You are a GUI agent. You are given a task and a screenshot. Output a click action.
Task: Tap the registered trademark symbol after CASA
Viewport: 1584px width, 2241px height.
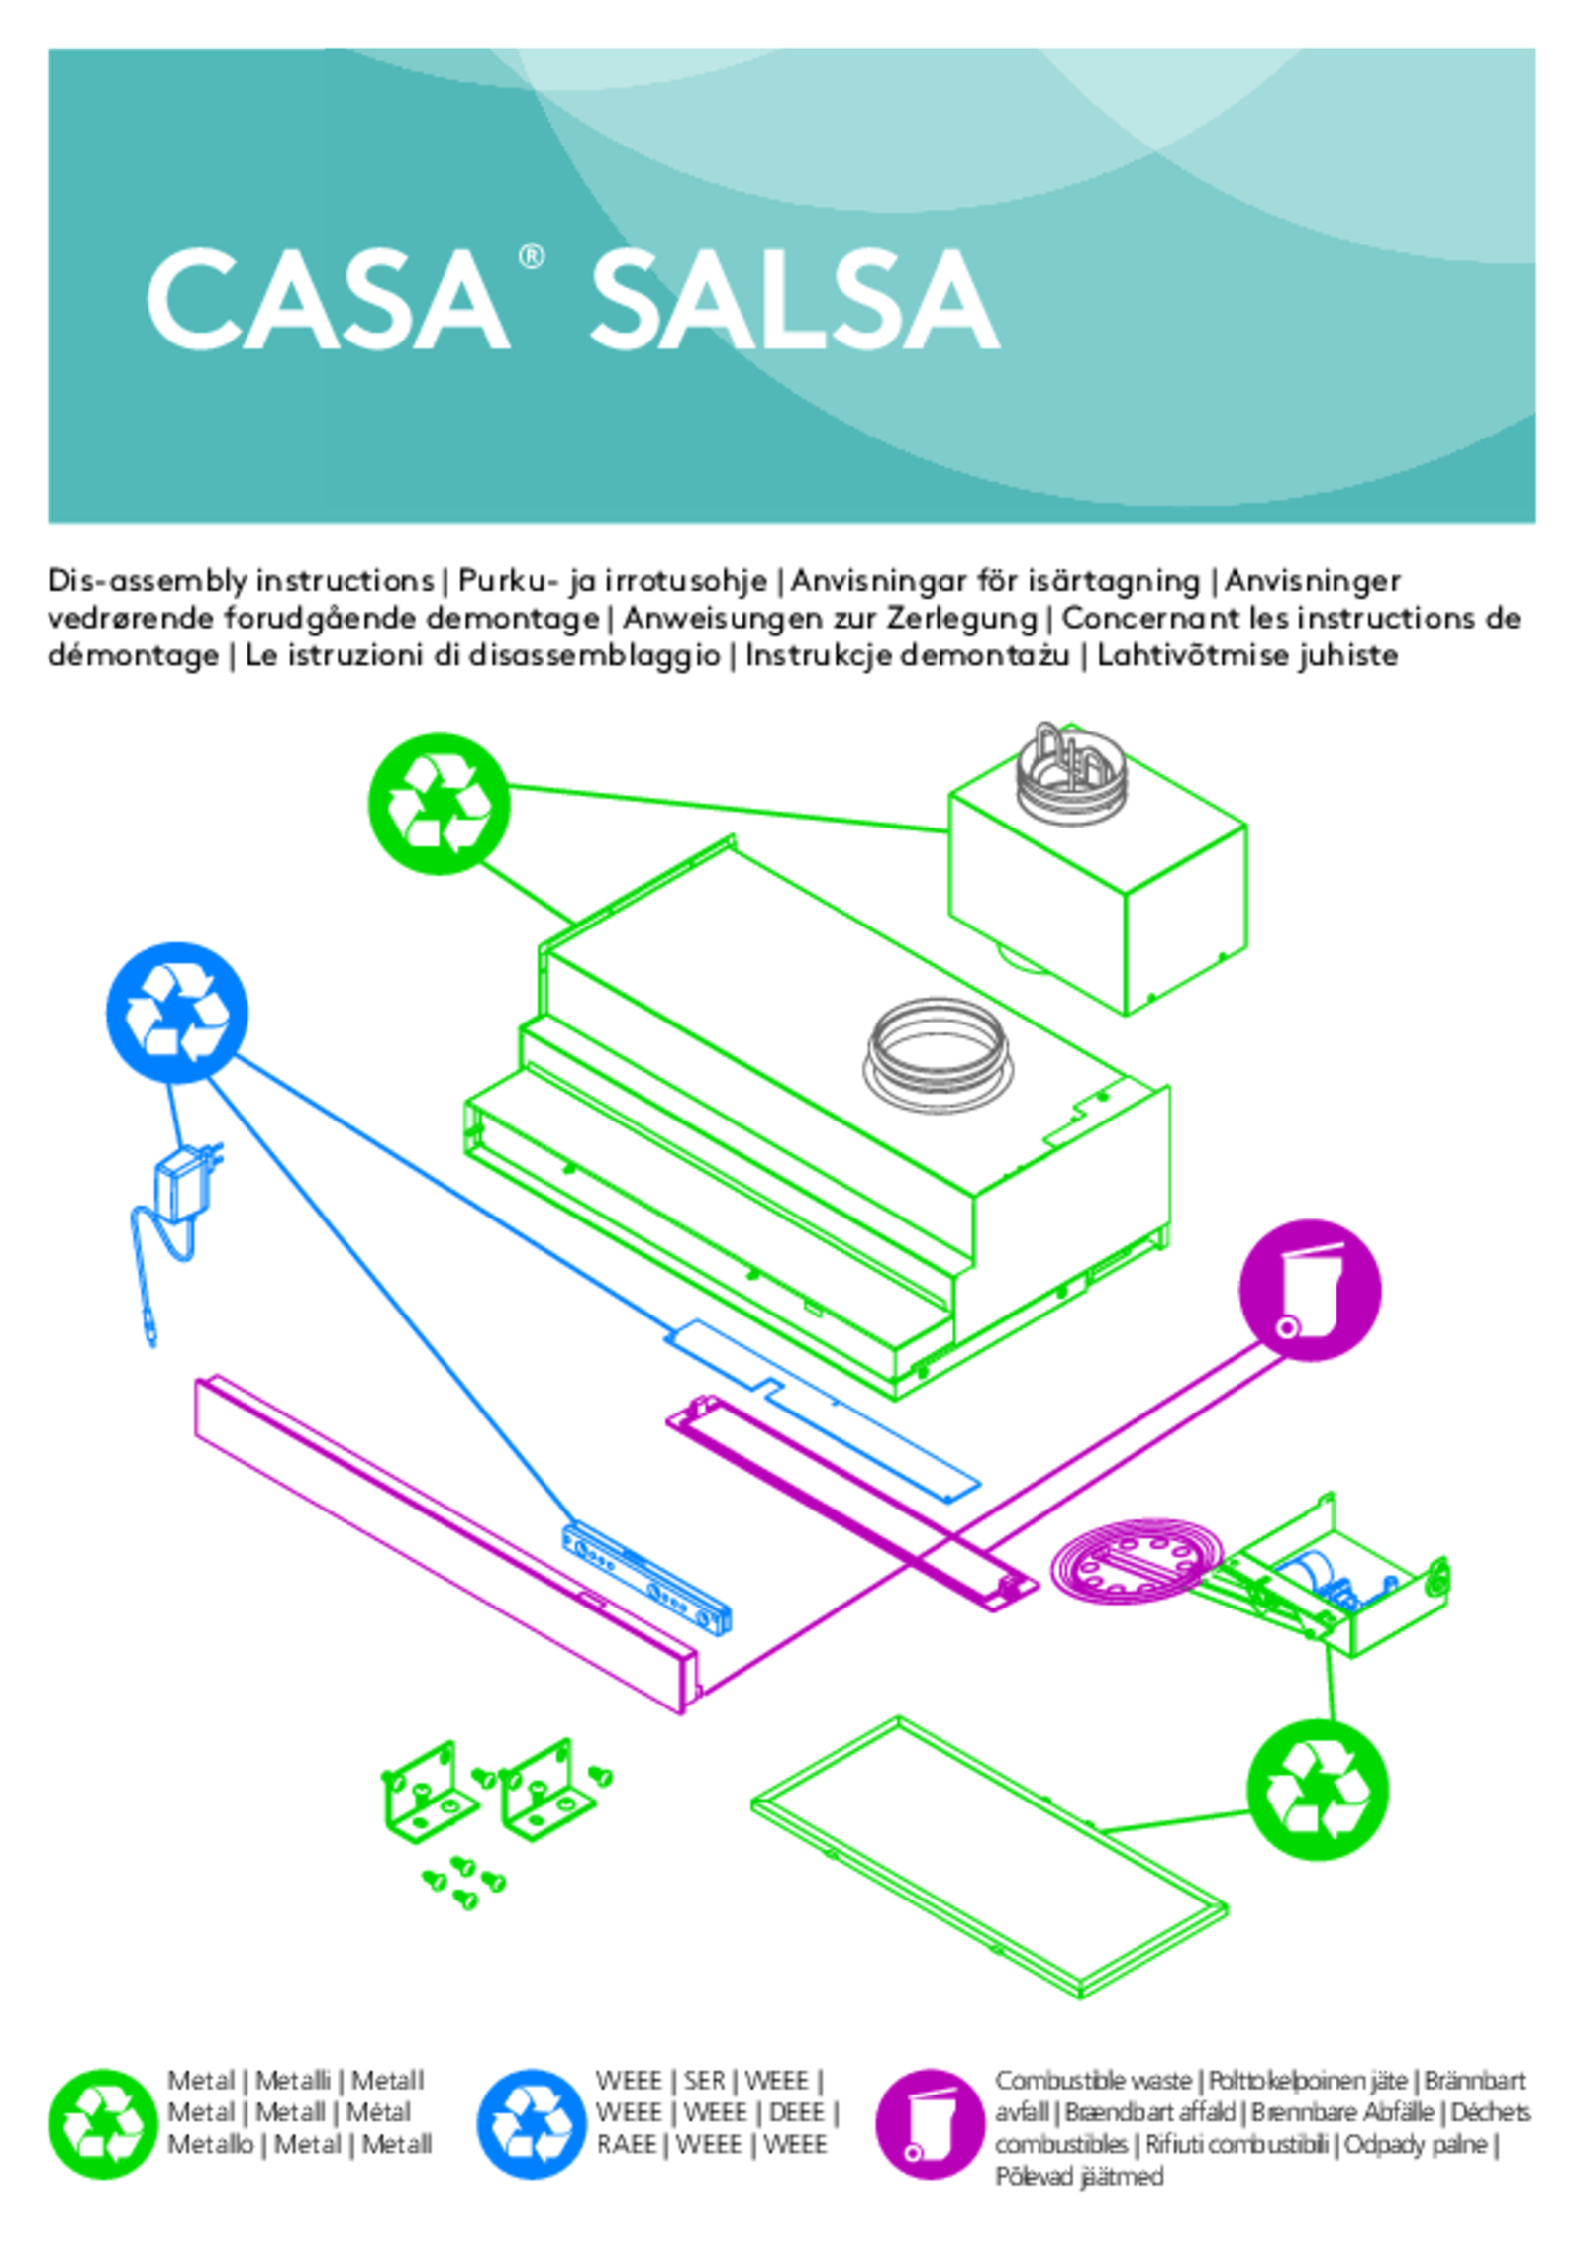click(x=531, y=257)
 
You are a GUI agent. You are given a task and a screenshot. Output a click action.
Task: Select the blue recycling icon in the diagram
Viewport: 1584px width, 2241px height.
click(x=176, y=1013)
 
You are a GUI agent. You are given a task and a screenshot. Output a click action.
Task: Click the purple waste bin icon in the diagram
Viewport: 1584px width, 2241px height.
click(x=1309, y=1290)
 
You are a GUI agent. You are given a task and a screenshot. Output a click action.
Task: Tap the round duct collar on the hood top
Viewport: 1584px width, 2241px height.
click(x=935, y=1054)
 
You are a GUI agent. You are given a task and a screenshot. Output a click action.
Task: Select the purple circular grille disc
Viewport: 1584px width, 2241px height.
click(x=1135, y=1561)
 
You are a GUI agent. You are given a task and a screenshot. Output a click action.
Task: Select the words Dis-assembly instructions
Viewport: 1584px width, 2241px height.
click(x=241, y=580)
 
